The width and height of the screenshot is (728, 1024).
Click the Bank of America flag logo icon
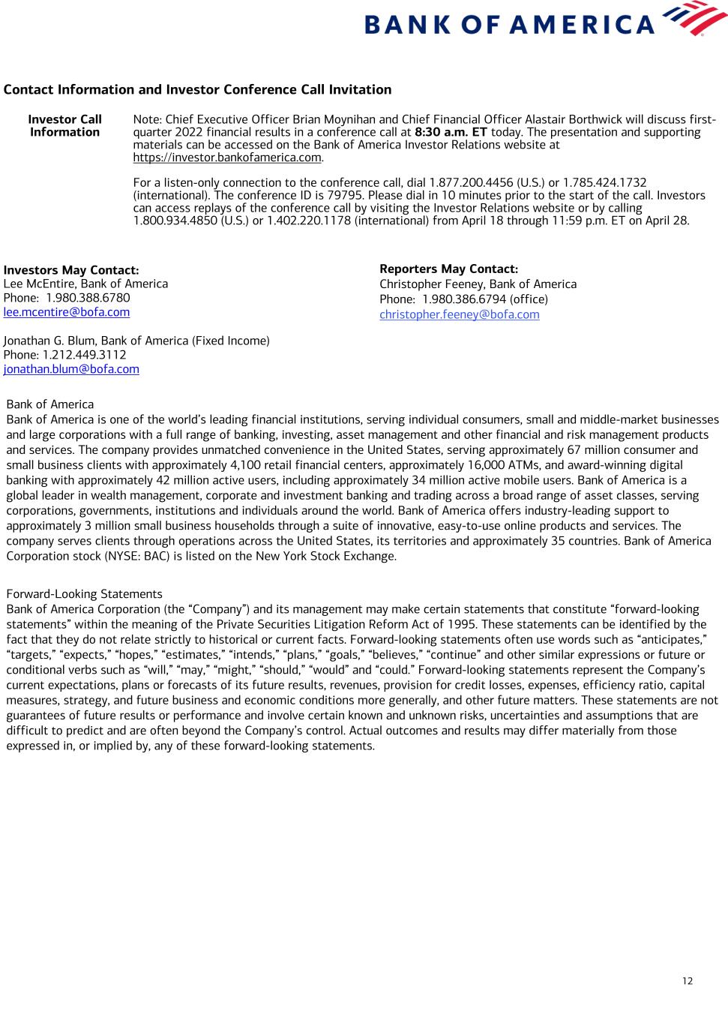694,18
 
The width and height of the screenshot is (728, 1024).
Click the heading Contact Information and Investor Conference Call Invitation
197,90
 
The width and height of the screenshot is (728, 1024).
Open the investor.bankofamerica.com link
227,158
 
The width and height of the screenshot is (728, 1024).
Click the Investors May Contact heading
71,270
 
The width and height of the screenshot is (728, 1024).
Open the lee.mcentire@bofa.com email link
67,313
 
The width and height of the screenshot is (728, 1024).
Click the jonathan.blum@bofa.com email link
71,369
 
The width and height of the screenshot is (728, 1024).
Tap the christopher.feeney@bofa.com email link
459,315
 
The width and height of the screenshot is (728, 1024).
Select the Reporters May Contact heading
448,269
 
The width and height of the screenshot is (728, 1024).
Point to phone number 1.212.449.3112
86,355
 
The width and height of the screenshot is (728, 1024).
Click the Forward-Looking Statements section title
84,594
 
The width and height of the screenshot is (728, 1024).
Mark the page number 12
688,981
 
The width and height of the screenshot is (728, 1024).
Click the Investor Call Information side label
64,126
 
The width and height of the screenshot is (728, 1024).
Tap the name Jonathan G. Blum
49,341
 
